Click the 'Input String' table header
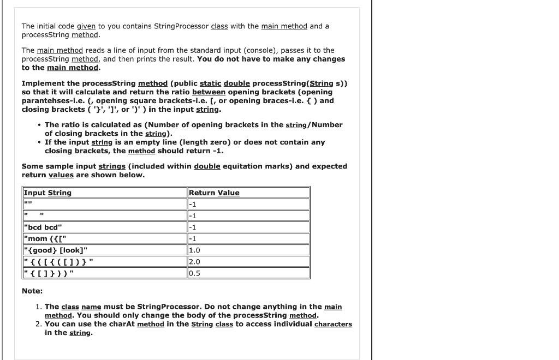(47, 193)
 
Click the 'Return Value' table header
(214, 193)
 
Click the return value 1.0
(194, 250)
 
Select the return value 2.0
(194, 261)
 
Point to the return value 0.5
(194, 273)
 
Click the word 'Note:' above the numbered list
(32, 291)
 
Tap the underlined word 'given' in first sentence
(86, 26)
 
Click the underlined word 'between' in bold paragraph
(209, 92)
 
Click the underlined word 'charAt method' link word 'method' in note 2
(150, 324)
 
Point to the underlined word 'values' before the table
(61, 175)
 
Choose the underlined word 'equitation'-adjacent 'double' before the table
(207, 166)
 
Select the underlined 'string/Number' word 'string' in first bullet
(296, 125)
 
